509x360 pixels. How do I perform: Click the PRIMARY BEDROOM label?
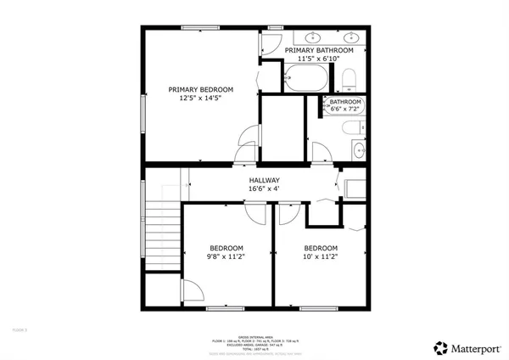[200, 89]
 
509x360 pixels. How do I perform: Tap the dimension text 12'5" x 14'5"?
[200, 98]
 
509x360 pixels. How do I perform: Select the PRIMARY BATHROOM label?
[318, 51]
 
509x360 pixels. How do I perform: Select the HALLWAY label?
[264, 181]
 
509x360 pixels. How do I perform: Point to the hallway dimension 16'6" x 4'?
[264, 190]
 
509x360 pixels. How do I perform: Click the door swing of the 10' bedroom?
[286, 213]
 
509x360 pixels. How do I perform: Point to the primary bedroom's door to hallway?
[244, 141]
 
